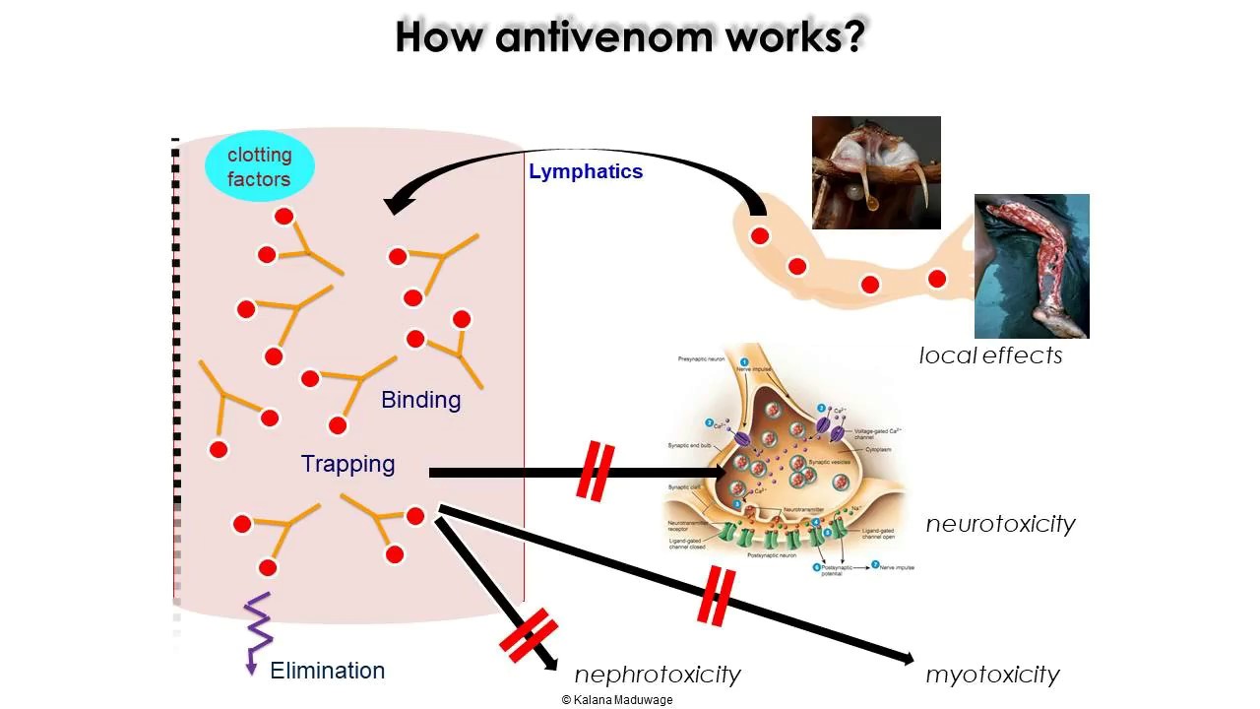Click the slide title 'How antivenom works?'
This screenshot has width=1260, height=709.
630,36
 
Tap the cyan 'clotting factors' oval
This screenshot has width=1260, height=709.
259,166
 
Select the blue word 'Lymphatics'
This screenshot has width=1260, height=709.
586,171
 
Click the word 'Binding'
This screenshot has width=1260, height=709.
420,400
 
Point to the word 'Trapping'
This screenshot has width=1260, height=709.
347,464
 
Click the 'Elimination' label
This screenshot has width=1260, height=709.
327,671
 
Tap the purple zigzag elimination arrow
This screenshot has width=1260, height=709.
257,631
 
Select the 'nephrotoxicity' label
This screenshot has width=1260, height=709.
657,675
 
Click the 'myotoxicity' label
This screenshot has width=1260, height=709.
992,675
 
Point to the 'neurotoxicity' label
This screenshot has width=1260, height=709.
1000,524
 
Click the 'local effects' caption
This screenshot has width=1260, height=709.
990,355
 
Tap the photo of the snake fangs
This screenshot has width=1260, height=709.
875,172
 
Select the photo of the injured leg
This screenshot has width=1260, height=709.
1032,266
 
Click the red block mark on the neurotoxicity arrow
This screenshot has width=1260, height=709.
596,472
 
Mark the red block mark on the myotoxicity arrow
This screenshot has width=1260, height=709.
716,596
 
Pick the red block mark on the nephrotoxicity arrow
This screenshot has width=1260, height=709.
529,635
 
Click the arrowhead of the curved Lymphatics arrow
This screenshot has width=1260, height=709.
397,205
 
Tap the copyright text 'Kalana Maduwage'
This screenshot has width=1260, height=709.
617,699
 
